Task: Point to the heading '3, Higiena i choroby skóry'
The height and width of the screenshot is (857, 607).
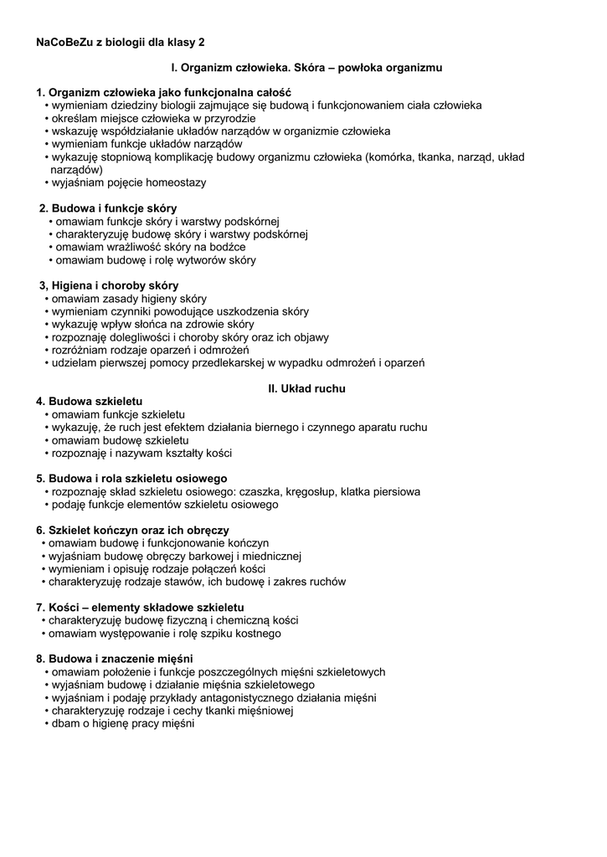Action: (x=109, y=285)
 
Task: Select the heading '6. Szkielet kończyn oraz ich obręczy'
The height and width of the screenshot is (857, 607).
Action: (x=132, y=531)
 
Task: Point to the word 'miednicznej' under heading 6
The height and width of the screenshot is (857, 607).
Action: (x=272, y=556)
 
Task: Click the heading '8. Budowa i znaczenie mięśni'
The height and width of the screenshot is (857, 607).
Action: (x=114, y=659)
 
